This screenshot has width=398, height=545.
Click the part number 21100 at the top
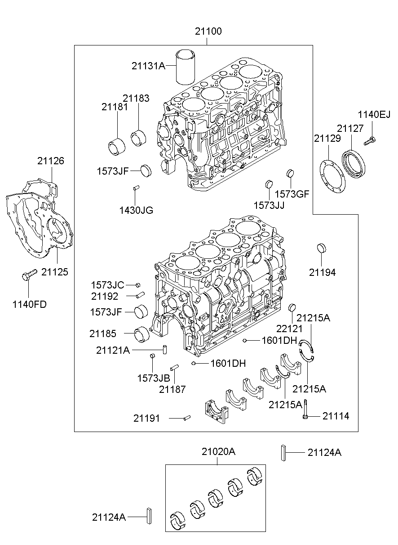point(208,32)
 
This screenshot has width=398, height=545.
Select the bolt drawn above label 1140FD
point(28,275)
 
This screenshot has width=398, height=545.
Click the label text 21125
point(54,272)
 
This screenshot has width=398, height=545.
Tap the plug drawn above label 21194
point(322,248)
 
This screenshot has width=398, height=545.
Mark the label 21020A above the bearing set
point(218,452)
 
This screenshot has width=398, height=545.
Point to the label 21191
point(146,418)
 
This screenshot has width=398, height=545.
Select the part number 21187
point(172,389)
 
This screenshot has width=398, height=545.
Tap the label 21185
point(102,333)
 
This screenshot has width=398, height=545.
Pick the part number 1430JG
point(136,210)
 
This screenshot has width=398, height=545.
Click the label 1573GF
point(292,194)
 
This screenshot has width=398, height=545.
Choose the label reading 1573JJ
point(269,205)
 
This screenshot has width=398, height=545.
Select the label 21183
point(136,98)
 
